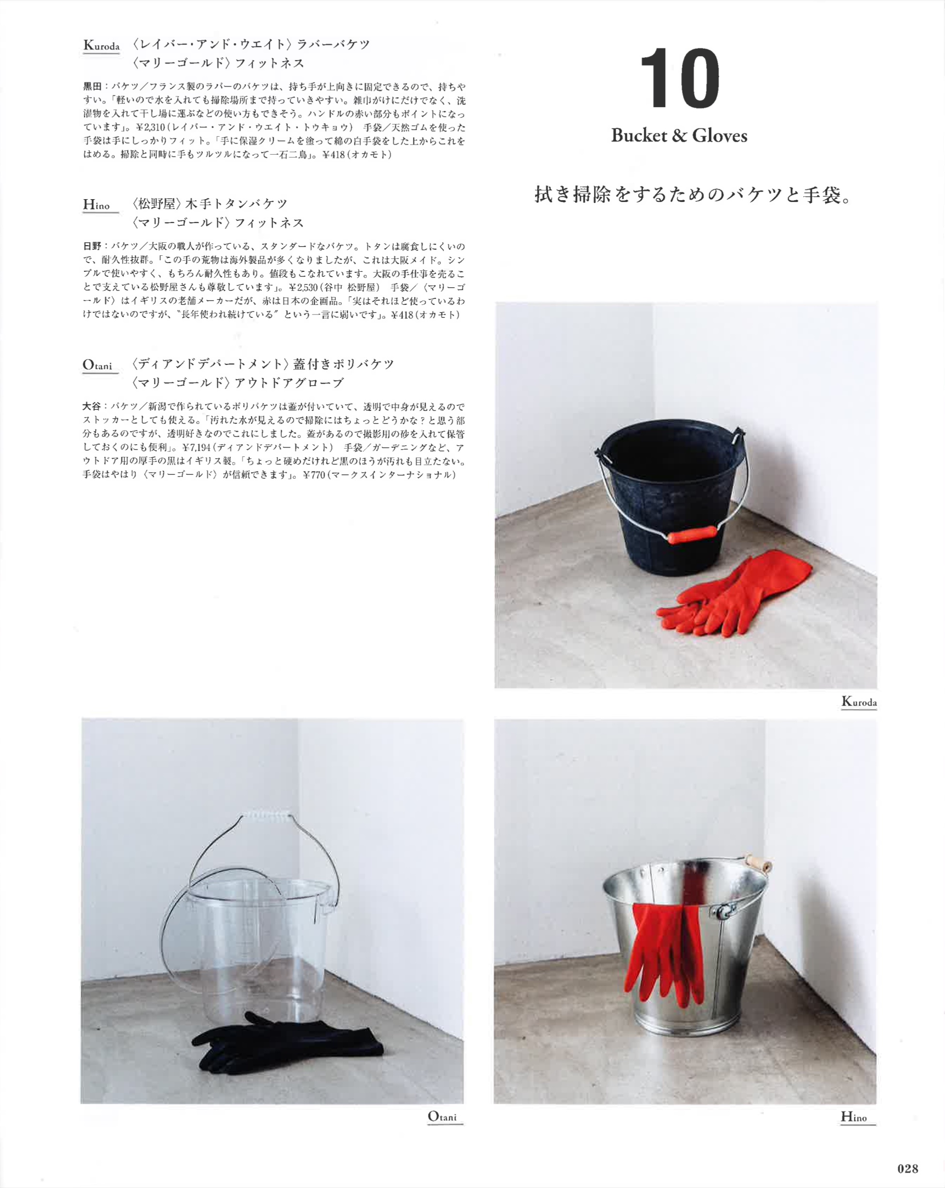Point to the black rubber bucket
[x=672, y=497]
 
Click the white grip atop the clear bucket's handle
[x=267, y=814]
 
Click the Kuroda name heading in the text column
[x=101, y=45]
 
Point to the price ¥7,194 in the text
[x=196, y=447]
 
